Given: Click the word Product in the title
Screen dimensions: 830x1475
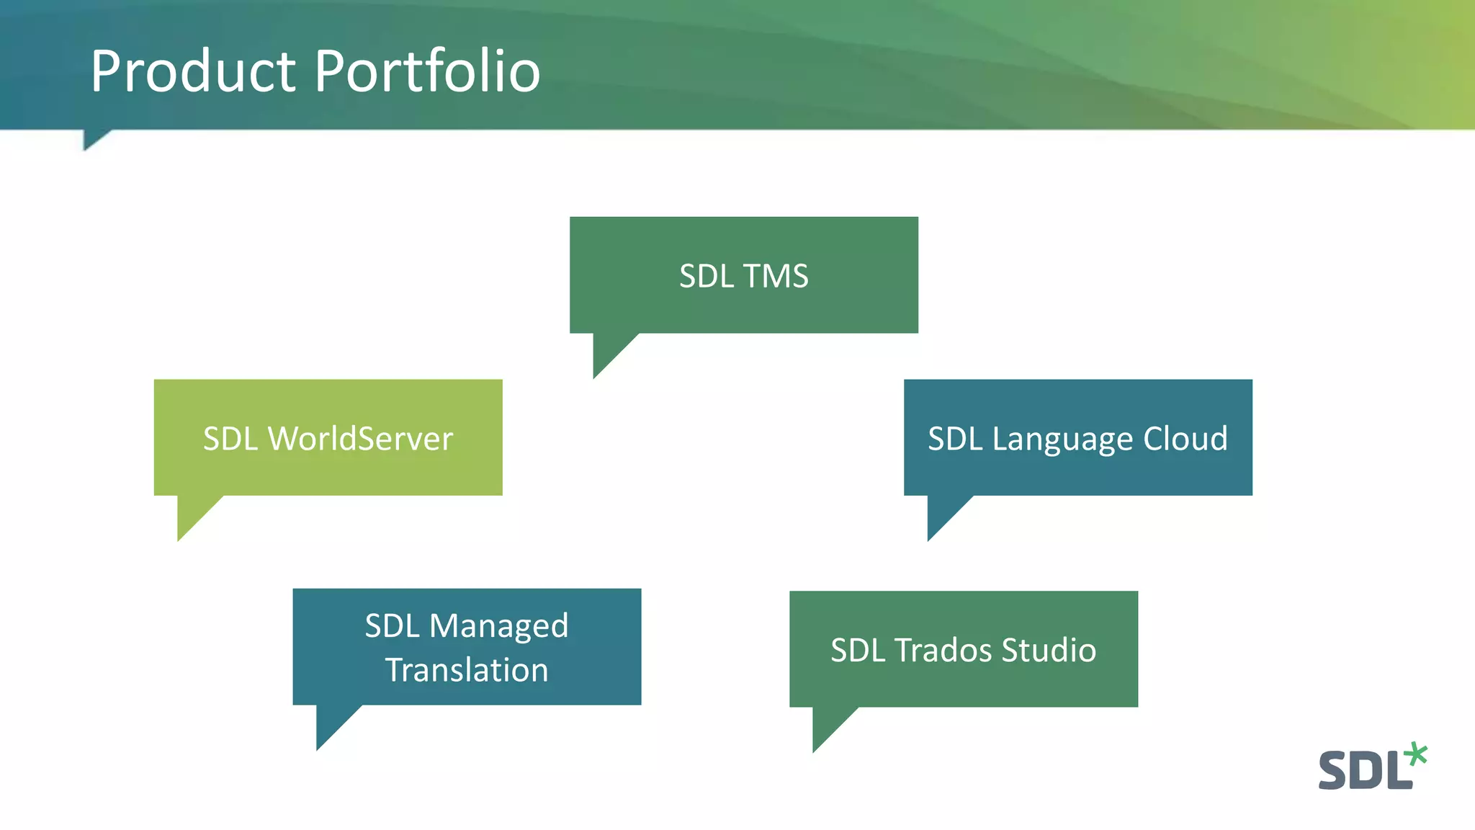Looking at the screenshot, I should [x=193, y=72].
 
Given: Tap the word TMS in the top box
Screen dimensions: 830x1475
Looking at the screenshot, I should [x=776, y=277].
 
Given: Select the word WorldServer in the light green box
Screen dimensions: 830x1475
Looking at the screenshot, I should [x=360, y=439].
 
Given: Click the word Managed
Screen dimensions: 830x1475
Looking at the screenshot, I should [x=498, y=627].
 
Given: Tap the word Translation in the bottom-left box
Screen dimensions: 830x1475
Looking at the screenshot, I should [x=467, y=670].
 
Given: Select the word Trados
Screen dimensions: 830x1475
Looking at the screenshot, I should [x=943, y=651].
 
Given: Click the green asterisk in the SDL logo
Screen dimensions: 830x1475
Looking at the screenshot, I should [x=1415, y=754].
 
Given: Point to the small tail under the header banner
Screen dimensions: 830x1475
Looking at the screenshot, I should [x=92, y=138].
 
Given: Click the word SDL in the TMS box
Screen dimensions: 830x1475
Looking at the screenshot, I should [x=707, y=277].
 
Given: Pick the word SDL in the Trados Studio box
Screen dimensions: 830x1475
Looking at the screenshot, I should [x=858, y=651].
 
